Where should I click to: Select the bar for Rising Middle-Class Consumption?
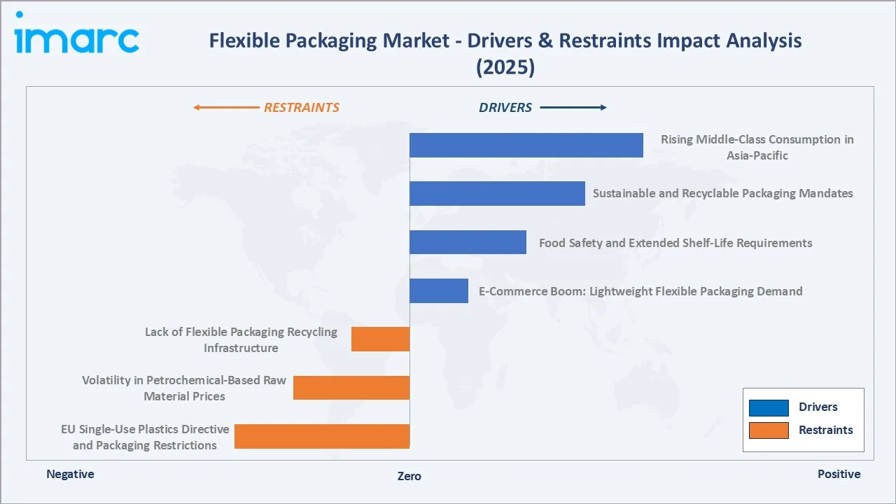[526, 145]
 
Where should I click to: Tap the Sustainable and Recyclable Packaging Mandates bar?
[497, 193]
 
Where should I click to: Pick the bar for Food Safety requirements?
[468, 242]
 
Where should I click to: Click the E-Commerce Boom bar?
[438, 290]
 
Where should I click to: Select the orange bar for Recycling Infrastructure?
[380, 339]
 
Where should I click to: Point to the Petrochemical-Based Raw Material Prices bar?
[351, 388]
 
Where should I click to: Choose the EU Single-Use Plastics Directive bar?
[322, 436]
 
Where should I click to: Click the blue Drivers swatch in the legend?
[769, 407]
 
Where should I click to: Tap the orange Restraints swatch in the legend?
[769, 430]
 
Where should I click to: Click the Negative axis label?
[70, 475]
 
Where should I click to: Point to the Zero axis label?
[409, 476]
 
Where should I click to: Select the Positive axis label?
[839, 475]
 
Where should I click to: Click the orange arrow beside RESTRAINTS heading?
[225, 108]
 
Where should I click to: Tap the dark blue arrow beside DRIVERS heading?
[573, 108]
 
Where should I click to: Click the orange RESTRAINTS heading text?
[302, 108]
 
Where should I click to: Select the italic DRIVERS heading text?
[505, 108]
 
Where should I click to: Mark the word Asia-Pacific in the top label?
[757, 155]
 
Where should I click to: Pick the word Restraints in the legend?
[826, 430]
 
